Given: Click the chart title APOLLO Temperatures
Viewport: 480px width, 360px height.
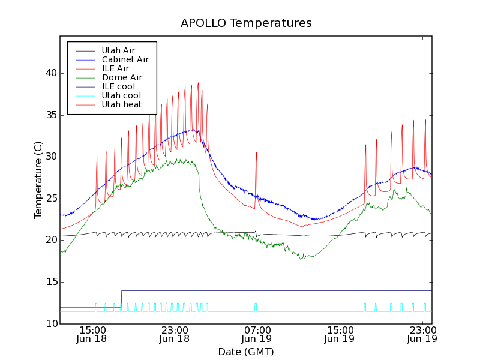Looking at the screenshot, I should pos(246,23).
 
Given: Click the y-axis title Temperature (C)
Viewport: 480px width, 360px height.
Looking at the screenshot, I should pos(38,180).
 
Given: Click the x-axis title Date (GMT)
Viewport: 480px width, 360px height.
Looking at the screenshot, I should pos(245,352).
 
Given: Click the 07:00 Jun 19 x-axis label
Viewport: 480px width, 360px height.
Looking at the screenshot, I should pos(257,334).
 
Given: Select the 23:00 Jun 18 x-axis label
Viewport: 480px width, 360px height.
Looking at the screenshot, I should pos(175,334).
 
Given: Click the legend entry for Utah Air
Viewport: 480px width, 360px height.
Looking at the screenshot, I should pos(118,51).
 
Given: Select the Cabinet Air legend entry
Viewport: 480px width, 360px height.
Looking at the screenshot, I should pos(125,60).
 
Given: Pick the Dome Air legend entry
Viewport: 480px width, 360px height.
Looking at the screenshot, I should pos(122,78).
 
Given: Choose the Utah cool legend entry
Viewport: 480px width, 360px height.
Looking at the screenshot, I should pos(121,96).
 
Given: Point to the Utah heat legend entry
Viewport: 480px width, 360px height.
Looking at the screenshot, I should pos(121,105).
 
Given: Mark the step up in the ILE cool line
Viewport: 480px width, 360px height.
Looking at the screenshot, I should pos(121,299).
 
